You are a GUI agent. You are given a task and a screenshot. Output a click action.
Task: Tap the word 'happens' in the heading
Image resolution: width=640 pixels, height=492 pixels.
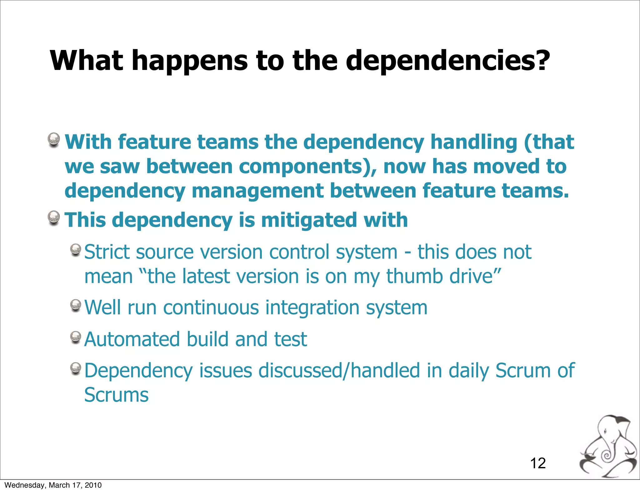tap(189, 61)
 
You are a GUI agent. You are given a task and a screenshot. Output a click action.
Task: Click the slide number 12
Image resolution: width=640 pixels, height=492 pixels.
tap(538, 463)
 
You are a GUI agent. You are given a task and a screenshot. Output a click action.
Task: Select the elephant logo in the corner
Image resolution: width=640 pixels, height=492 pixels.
tap(608, 446)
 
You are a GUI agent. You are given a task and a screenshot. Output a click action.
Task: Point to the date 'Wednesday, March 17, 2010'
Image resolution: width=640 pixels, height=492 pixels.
tap(53, 485)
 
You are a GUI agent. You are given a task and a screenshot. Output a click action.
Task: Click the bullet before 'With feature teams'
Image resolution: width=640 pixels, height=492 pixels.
tap(54, 139)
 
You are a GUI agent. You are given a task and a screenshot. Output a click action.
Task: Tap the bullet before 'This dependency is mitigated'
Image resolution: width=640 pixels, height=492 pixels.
tap(54, 217)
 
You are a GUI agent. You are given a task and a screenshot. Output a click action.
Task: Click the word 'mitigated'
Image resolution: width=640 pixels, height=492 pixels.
tap(309, 220)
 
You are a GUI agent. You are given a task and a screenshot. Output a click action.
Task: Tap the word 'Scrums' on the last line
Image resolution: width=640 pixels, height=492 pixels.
tap(116, 395)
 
